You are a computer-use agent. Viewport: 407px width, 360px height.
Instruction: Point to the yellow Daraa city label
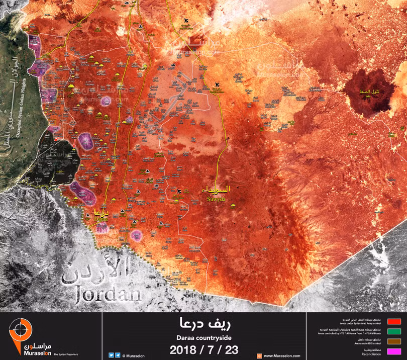coord(98,212)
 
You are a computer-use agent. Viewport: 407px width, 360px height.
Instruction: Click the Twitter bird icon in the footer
coord(111,355)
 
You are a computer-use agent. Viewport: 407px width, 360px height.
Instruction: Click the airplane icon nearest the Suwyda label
coord(179,191)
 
